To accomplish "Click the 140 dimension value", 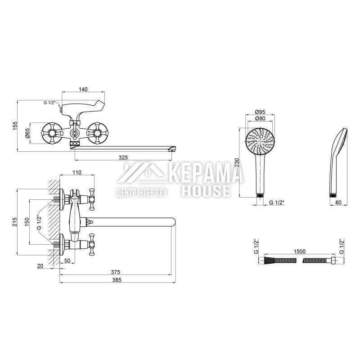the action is click(x=83, y=89).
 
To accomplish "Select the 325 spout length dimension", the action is click(x=123, y=157).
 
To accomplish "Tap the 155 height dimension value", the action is click(x=15, y=126).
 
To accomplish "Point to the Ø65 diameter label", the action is click(x=27, y=133).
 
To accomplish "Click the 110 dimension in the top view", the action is click(x=77, y=172).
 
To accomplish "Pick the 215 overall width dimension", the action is click(x=15, y=222).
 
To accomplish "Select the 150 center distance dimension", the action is click(x=27, y=222).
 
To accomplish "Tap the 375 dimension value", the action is click(x=116, y=272).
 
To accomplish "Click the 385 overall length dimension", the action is click(x=117, y=280).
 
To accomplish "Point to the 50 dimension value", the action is click(x=67, y=261).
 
